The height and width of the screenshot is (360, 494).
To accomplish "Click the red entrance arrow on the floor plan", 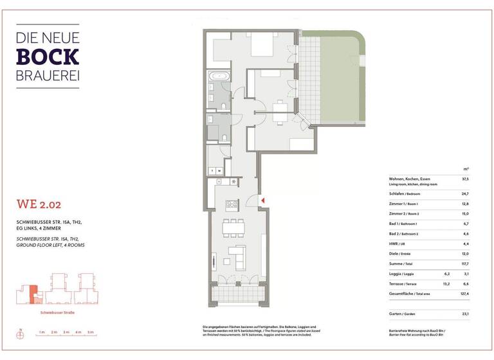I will point(262,201).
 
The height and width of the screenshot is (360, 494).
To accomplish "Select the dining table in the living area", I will point(232,228).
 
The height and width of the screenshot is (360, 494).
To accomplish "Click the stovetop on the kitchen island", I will point(232,204).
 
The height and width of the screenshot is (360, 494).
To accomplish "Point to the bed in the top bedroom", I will point(262,47).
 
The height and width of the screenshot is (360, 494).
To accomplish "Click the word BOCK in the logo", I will point(48,57).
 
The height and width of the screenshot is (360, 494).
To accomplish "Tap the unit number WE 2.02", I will point(40,205).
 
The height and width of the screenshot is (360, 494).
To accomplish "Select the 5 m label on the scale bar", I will point(91,332).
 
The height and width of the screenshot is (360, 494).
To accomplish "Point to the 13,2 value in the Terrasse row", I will point(446,283).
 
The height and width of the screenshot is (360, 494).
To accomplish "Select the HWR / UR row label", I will point(399,244).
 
